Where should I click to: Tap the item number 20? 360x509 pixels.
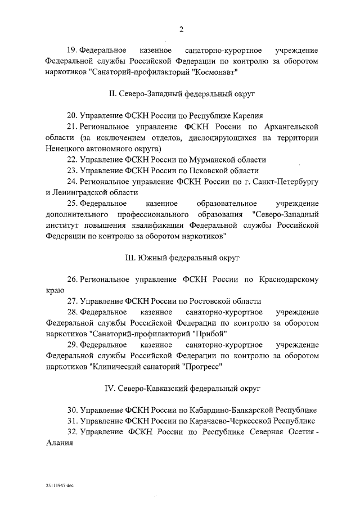point(72,116)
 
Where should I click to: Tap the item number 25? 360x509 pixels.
point(72,203)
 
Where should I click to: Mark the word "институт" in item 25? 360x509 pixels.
point(63,225)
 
